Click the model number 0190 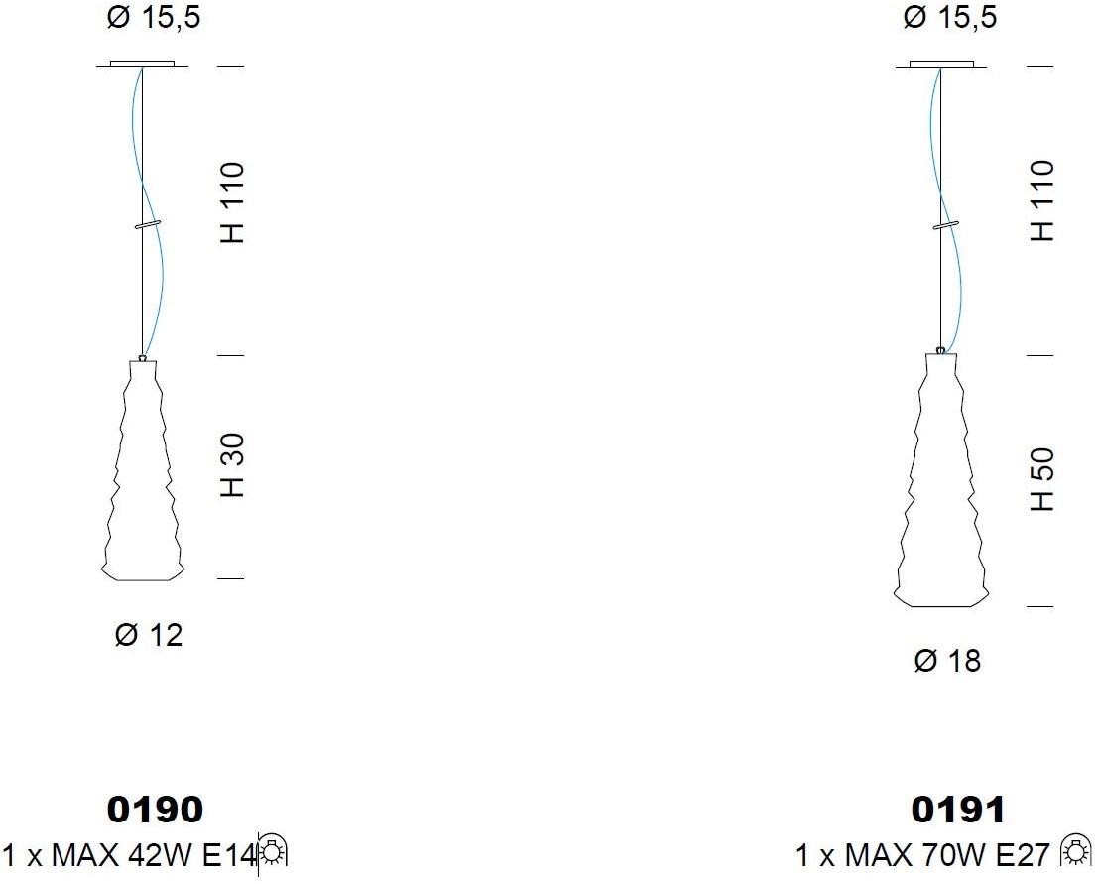[x=155, y=810]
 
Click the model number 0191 [x=957, y=810]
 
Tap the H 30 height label [x=233, y=466]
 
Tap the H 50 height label [x=1041, y=479]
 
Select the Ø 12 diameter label [x=149, y=635]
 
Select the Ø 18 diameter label [x=947, y=661]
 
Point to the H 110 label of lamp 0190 [x=233, y=202]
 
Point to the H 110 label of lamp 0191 [x=1041, y=200]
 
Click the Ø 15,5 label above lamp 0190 [x=153, y=18]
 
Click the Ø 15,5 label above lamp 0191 [x=950, y=18]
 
